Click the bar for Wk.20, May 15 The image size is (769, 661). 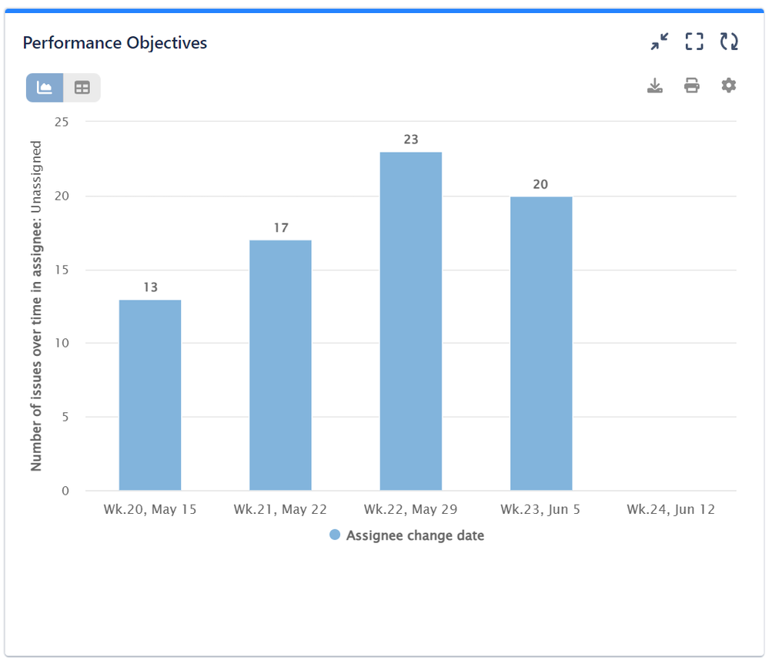150,394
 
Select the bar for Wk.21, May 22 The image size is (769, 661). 280,365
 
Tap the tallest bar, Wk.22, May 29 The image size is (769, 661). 410,321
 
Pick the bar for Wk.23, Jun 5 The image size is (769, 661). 541,344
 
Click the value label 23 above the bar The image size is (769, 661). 410,139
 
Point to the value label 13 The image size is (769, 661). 150,287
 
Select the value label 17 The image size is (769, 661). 280,228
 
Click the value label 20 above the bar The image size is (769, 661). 541,184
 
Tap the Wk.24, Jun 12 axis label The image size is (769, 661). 670,509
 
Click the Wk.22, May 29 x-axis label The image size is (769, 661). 410,509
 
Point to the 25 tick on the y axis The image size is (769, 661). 62,122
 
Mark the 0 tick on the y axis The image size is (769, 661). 65,491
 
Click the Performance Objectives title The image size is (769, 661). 115,43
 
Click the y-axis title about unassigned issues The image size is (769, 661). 36,306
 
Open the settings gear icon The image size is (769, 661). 728,86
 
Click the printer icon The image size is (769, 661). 691,86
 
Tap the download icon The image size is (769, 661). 654,86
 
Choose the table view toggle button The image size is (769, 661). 82,88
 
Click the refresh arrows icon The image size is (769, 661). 729,42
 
